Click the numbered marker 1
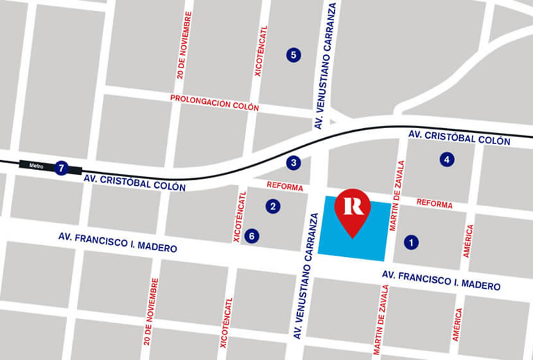click(x=411, y=242)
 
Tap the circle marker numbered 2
click(x=273, y=206)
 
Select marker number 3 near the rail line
click(x=294, y=163)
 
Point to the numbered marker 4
click(x=446, y=159)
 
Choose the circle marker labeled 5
click(x=293, y=54)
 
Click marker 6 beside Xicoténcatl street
click(x=252, y=236)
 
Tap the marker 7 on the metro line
click(x=61, y=168)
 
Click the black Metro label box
click(x=36, y=166)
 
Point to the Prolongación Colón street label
click(x=214, y=102)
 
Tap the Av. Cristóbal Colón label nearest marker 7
click(x=134, y=182)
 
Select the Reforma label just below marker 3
click(x=285, y=187)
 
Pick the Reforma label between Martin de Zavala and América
click(x=434, y=204)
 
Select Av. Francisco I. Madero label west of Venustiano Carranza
click(x=118, y=243)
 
